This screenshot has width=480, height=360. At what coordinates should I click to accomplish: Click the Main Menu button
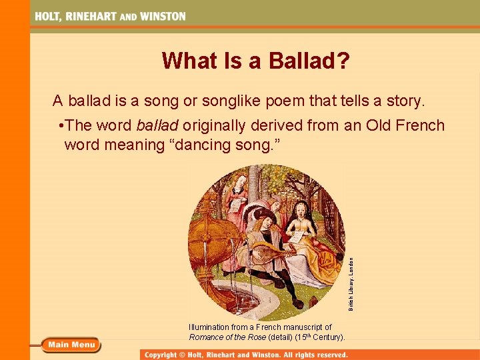pyautogui.click(x=71, y=345)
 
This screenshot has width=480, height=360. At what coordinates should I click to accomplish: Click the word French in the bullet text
pyautogui.click(x=420, y=126)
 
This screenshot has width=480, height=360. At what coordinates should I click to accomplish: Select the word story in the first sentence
pyautogui.click(x=401, y=101)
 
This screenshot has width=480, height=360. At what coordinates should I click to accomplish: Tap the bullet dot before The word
pyautogui.click(x=61, y=126)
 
